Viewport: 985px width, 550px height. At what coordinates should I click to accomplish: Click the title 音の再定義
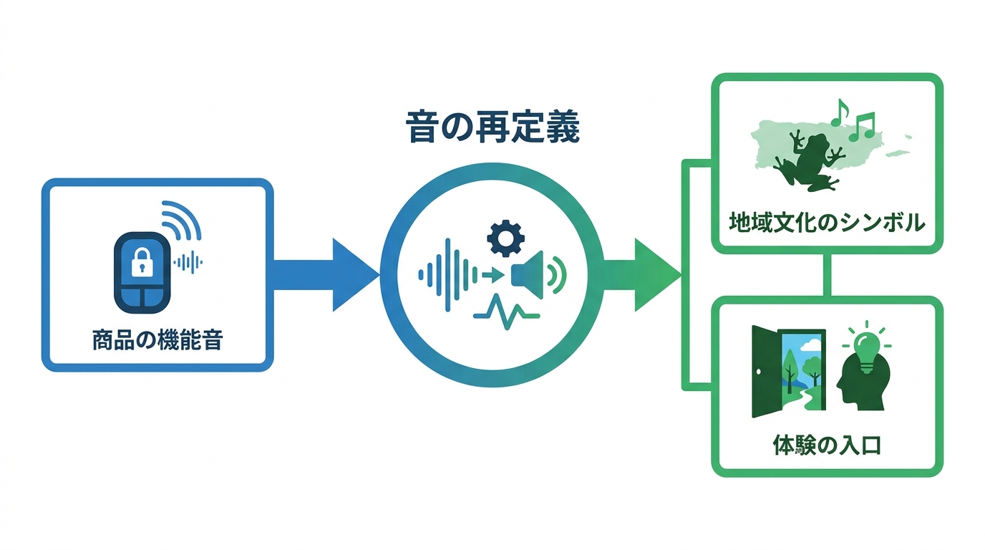tap(492, 127)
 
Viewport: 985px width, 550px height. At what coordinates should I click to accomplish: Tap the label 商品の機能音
tap(157, 340)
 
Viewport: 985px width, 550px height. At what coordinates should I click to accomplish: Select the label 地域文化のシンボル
tap(827, 223)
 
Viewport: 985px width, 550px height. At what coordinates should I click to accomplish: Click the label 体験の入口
tap(827, 445)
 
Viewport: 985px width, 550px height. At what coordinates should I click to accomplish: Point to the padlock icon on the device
tap(142, 262)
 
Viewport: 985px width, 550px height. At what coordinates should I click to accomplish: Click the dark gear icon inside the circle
tap(505, 238)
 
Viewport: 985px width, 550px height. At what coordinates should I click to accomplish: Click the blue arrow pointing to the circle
tap(326, 275)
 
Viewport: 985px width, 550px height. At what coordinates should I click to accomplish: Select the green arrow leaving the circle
tap(643, 275)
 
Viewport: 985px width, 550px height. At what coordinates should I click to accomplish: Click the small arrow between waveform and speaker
tap(493, 276)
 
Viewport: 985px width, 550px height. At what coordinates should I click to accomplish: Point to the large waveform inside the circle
tap(448, 275)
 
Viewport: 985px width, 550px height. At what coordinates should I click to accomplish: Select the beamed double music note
tap(862, 127)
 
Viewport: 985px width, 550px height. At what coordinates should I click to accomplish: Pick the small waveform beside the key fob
tap(188, 263)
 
